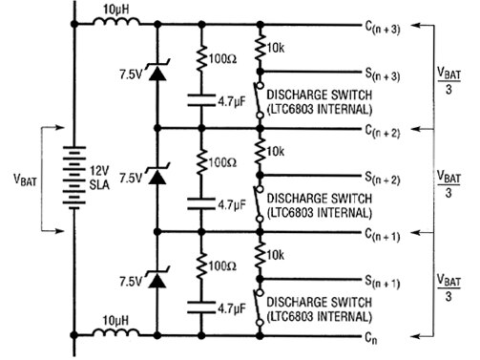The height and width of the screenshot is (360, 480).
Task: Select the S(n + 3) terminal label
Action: pos(382,73)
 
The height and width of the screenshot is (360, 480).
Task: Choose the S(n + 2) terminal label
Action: pos(382,179)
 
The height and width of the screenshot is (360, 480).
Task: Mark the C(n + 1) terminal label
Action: pos(382,233)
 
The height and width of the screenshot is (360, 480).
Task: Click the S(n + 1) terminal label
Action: pos(382,284)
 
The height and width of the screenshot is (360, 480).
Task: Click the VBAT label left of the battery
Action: pos(26,179)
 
